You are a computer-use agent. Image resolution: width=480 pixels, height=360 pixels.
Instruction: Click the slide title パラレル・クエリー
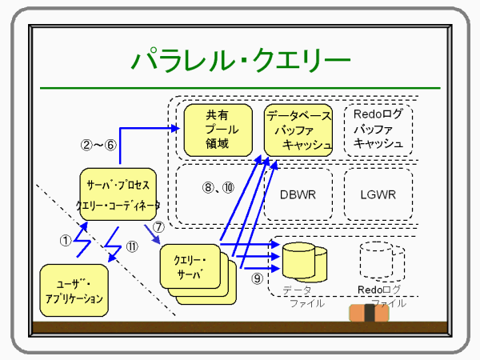coord(240,60)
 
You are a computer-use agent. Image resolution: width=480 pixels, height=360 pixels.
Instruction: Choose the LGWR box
coord(378,194)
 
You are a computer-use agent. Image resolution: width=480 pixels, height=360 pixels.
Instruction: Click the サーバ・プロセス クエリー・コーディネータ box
coord(118,194)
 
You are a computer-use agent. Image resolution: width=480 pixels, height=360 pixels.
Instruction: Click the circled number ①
coord(66,238)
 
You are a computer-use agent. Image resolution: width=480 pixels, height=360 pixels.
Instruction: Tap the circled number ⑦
coord(158,226)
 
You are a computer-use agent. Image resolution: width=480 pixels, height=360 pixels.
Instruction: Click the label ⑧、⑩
coord(218,188)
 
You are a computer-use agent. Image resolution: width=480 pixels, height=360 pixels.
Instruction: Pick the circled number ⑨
coord(256,278)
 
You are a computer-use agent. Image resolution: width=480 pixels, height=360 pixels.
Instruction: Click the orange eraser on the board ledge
coord(369,314)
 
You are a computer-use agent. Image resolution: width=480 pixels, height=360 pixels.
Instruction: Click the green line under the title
coord(240,86)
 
